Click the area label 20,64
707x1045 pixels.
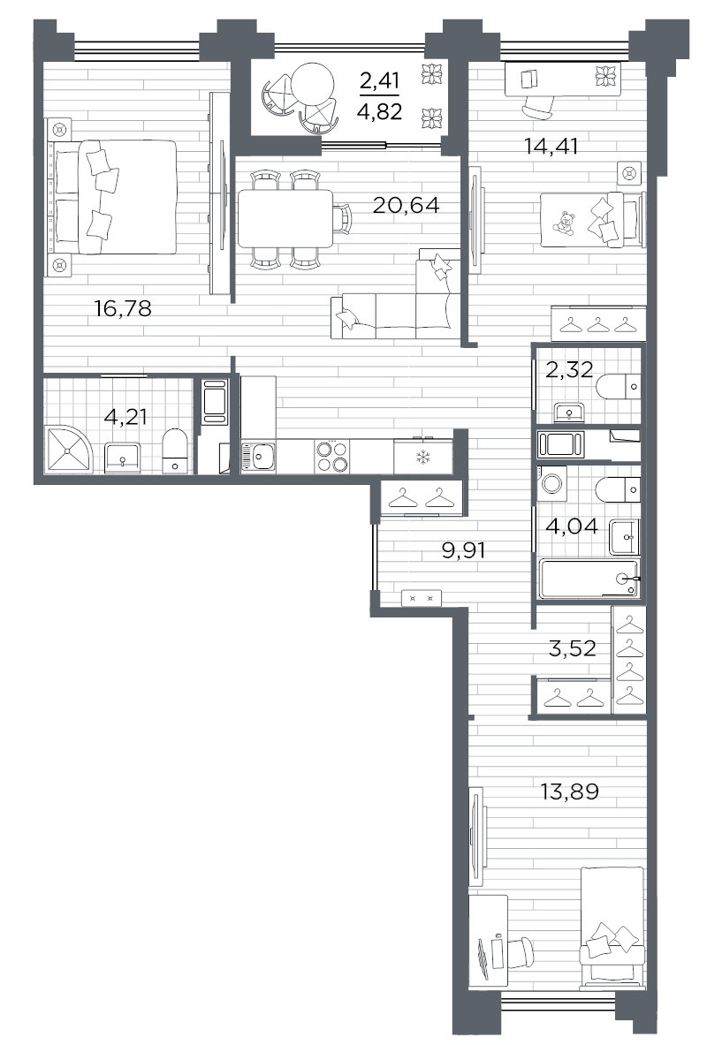(406, 206)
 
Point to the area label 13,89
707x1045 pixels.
(569, 791)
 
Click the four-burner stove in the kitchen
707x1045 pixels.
(331, 456)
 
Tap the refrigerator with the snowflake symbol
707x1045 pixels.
(422, 457)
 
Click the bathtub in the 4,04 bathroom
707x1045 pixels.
(588, 579)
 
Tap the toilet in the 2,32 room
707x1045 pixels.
(618, 387)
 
